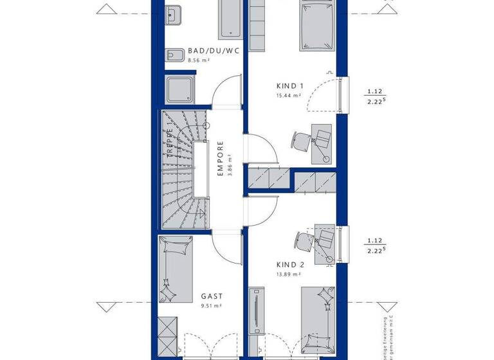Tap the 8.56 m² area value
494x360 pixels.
199,60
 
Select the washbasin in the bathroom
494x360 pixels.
174,15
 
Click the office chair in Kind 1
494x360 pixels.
300,140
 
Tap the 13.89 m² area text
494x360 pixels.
288,274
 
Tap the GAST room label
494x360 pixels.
211,297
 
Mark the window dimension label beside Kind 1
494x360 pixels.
376,95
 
